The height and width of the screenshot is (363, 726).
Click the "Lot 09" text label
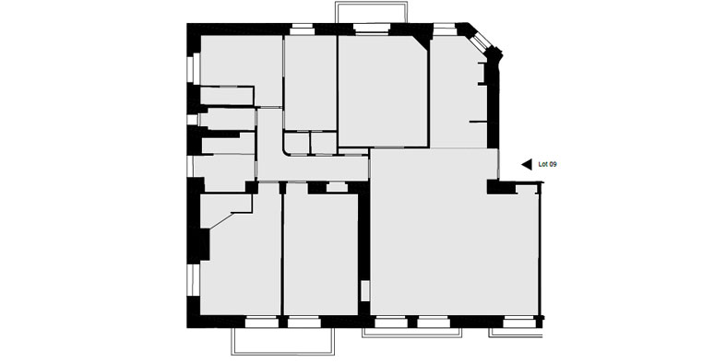[547, 164]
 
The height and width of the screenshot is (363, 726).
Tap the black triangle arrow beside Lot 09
[527, 164]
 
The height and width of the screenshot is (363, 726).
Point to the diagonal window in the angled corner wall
[481, 41]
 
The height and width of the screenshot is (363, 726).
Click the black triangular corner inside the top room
[423, 41]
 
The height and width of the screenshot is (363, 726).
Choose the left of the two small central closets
[296, 143]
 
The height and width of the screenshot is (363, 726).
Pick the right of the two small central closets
[323, 143]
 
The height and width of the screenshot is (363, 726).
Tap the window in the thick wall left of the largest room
[365, 291]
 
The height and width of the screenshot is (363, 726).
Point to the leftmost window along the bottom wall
[262, 322]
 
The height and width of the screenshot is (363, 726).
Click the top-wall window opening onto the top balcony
[372, 29]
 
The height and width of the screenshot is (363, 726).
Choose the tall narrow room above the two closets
[310, 82]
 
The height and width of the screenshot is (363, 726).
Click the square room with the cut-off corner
[383, 91]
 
